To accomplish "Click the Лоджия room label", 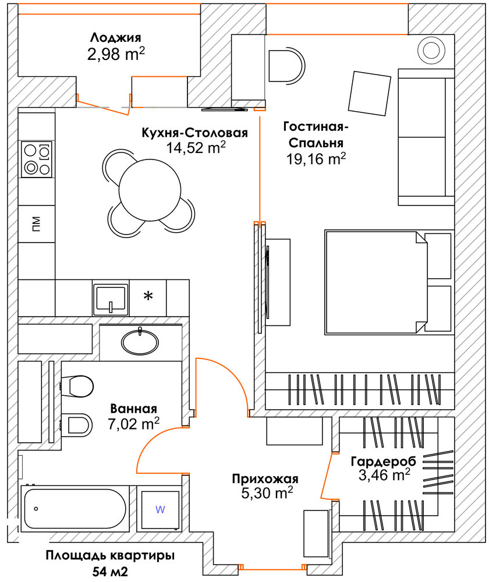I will point(115,38).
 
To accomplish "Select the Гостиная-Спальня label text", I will point(314,134).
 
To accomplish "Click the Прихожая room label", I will point(265,479).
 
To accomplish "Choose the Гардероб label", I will point(383,462).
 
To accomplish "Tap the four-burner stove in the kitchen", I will point(36,159).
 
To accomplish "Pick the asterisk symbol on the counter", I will point(148,297).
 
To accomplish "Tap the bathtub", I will point(74,508).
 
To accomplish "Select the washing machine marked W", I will point(160,509).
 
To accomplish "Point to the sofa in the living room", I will point(426,137).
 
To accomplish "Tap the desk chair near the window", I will point(286,64).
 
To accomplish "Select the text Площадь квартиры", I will point(110,555).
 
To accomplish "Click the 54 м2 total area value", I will point(110,571).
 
